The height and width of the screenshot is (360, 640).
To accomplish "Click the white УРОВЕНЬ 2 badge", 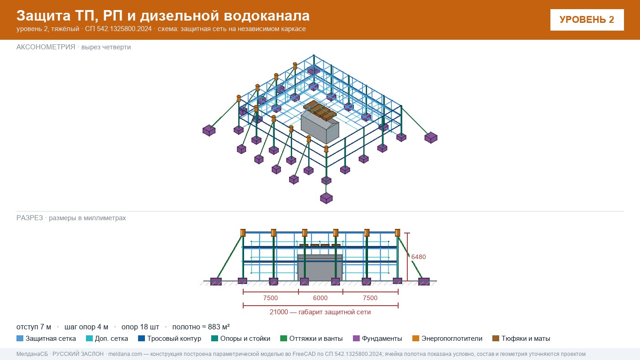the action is click(587, 20).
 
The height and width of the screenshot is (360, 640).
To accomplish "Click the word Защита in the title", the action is click(43, 16).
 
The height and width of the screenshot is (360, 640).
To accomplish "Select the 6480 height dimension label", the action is click(419, 257).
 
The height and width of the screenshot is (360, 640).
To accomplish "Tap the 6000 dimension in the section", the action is click(320, 298).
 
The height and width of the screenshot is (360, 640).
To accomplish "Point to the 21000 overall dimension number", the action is click(278, 312).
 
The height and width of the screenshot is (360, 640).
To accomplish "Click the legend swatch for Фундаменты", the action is click(356, 339).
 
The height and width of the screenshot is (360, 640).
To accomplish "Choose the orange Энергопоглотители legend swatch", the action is click(416, 339).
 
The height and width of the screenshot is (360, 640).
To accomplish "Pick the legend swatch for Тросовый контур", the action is click(141, 339).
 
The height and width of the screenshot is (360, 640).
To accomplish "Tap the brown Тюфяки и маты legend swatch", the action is click(496, 339).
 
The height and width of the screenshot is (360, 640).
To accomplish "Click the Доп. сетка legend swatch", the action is click(89, 339).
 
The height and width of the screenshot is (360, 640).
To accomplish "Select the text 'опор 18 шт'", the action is click(140, 327).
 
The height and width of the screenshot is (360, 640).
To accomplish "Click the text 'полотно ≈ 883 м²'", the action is click(201, 327).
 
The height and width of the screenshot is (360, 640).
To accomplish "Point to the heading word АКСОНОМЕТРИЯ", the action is click(46, 47).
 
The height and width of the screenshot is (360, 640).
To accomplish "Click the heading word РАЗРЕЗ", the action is click(29, 218).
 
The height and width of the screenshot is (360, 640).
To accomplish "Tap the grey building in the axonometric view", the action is click(320, 127).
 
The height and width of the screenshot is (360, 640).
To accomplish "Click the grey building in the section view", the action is click(320, 267).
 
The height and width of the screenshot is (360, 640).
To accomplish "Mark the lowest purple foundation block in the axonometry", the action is click(326, 198).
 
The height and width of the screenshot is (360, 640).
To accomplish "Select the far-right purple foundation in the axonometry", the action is click(431, 138).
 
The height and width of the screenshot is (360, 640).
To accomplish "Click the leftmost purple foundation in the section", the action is click(216, 281).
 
